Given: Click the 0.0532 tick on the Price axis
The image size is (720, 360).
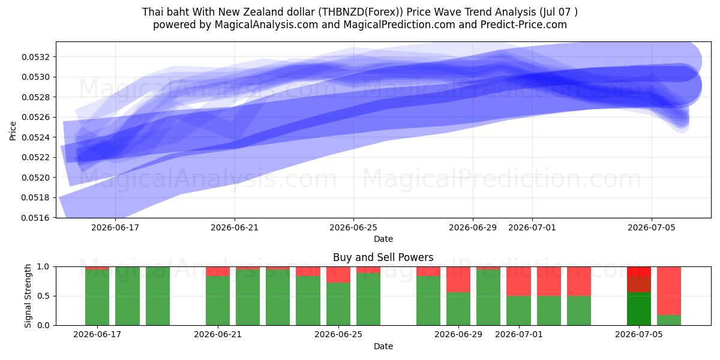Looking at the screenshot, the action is coord(36,57).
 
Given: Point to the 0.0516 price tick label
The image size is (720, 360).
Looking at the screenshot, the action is coord(36,218).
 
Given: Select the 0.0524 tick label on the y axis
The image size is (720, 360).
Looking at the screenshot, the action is coord(36,137).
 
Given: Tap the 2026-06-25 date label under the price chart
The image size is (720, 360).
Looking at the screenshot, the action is coord(353,227).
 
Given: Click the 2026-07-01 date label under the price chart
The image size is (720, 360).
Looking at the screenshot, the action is coord(532,227).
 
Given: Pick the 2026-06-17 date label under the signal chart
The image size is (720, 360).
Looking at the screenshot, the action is coord(97,335).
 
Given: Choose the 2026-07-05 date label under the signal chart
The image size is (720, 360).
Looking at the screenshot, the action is coord(639,335).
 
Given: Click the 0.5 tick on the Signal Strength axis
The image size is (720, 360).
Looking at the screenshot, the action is coord(44,296).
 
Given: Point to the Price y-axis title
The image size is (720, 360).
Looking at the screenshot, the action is coord(13,131).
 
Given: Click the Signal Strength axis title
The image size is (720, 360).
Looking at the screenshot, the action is coord(28,296).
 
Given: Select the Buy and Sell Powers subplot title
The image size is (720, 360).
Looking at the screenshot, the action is coord(383,257).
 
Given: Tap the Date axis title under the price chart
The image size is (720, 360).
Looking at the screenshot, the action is coord(383,239).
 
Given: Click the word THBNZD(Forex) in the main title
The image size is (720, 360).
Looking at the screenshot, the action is coord(361,12).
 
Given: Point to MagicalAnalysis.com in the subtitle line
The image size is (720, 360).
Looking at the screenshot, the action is coord(266,25).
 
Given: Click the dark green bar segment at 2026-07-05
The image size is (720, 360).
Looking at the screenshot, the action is coord(639,308).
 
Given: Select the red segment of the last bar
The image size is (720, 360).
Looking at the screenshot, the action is coord(669,291).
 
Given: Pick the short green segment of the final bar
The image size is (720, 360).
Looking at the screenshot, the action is coord(669,320).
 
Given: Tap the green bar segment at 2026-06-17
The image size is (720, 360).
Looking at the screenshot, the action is coord(97,298).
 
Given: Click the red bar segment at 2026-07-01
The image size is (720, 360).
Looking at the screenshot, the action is coord(518,281).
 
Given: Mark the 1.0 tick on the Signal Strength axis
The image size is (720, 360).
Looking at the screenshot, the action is coord(44,267).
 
